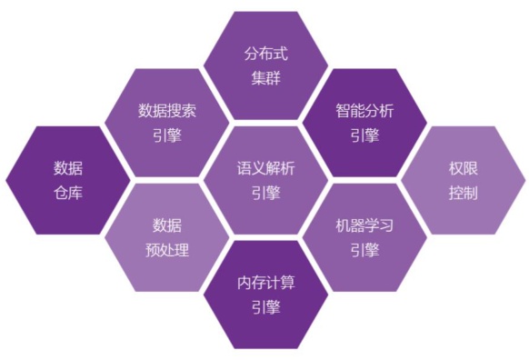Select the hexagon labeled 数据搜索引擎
(166, 123)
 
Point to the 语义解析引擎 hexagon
(265, 180)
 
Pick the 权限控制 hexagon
(463, 180)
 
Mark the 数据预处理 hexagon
(166, 237)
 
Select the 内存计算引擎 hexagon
(265, 295)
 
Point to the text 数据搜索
(167, 111)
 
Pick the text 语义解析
(265, 168)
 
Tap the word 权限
(463, 168)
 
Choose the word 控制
(463, 193)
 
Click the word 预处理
(167, 250)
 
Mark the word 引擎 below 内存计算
(265, 307)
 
